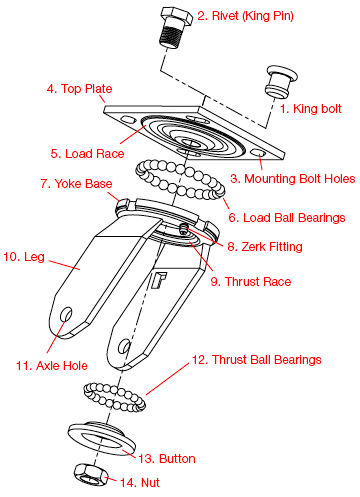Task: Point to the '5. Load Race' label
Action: click(86, 154)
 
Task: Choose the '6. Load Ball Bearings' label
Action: click(286, 217)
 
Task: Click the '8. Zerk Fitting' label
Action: click(268, 246)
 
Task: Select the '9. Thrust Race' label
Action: click(251, 281)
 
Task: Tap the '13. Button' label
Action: click(166, 458)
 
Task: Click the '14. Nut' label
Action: click(141, 483)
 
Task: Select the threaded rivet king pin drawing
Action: click(176, 29)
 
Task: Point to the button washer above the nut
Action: click(98, 437)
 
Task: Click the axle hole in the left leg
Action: click(67, 315)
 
